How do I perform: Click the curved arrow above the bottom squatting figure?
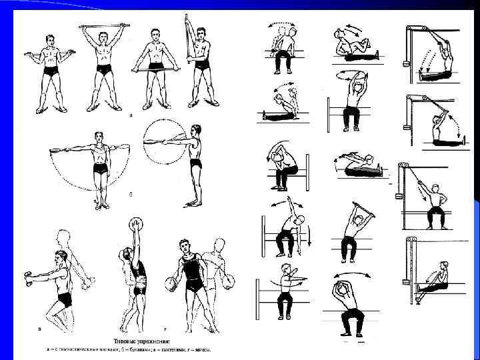(x=349, y=275)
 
